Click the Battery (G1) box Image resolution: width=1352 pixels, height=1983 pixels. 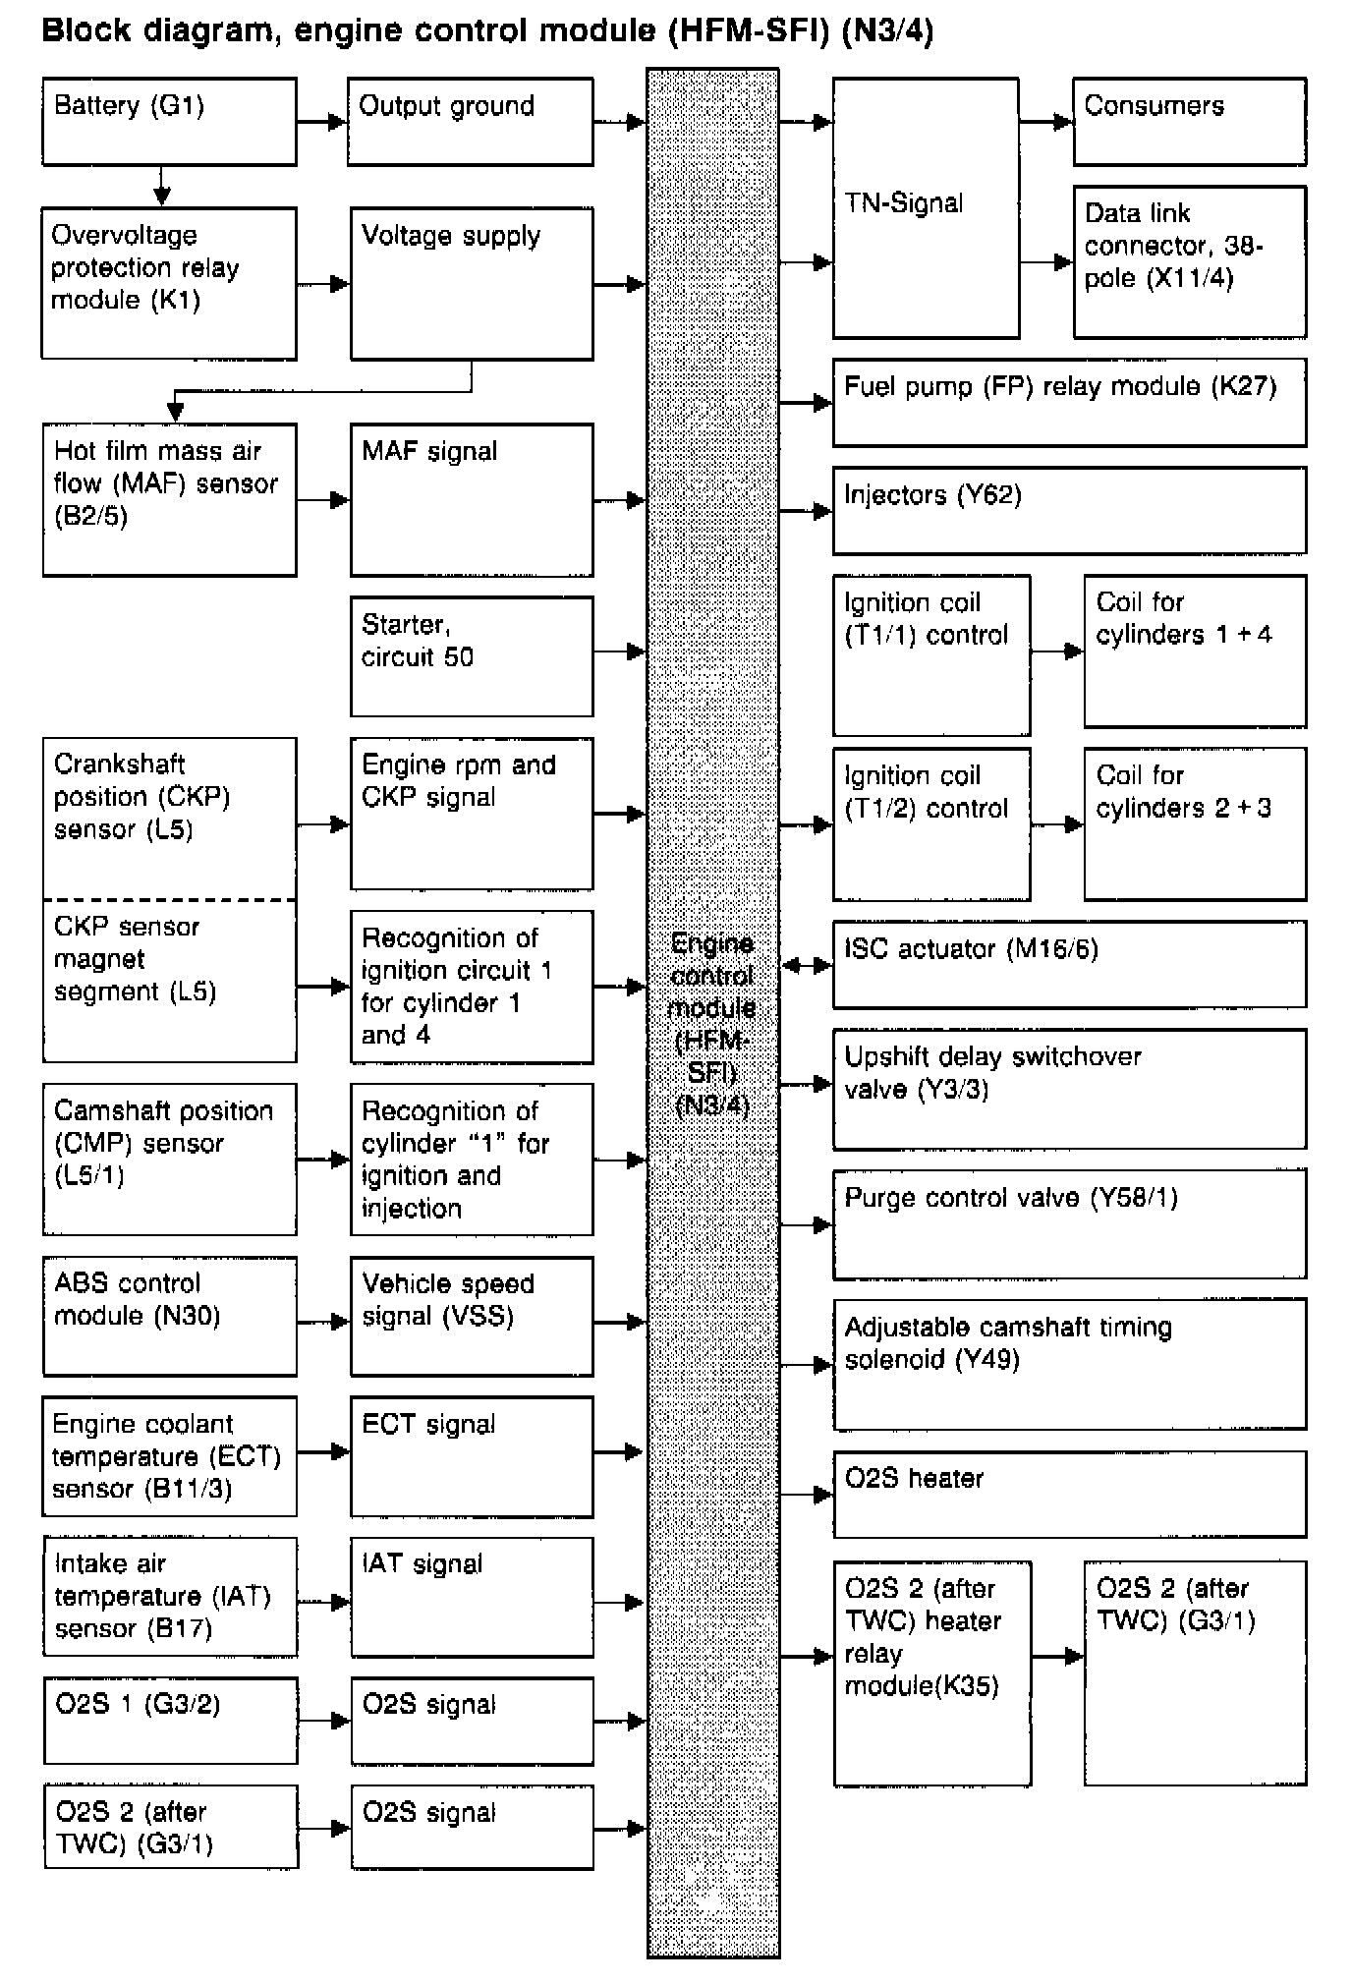(x=169, y=121)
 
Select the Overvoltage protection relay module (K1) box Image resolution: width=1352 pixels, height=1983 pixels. (x=169, y=283)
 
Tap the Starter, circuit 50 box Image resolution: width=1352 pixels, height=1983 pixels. (x=472, y=655)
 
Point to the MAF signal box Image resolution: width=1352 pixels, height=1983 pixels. (x=472, y=499)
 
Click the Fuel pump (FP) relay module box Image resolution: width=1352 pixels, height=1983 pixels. (x=1069, y=402)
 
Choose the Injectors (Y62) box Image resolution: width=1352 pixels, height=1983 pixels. (x=1069, y=510)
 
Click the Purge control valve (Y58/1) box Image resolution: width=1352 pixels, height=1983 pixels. (x=1069, y=1223)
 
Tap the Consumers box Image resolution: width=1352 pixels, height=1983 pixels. (x=1189, y=121)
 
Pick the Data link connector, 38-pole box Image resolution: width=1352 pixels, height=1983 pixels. (x=1189, y=261)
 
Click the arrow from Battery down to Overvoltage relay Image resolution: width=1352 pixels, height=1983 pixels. (x=162, y=186)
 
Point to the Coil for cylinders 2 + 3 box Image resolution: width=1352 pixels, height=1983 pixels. (x=1195, y=823)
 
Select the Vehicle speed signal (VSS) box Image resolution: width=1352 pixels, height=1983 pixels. (x=472, y=1316)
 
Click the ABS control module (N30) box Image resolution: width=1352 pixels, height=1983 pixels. (x=169, y=1316)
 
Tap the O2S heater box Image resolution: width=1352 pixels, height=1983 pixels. (x=1069, y=1494)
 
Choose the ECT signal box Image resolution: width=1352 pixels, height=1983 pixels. (x=472, y=1456)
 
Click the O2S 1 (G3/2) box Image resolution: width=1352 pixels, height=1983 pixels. (x=170, y=1720)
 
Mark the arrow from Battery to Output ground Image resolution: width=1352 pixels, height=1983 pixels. (x=322, y=122)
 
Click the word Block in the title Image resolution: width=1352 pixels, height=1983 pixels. (x=85, y=30)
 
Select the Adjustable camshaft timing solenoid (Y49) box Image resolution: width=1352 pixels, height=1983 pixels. (x=1069, y=1363)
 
